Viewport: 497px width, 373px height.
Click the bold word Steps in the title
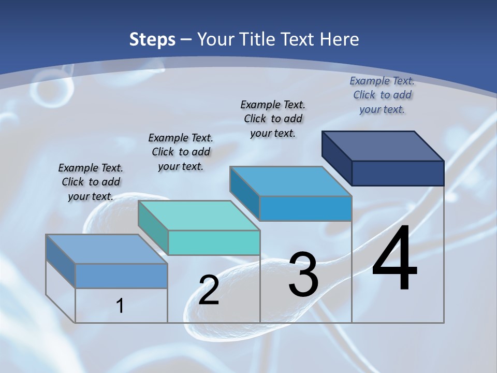click(152, 39)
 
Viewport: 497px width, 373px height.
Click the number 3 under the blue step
click(303, 275)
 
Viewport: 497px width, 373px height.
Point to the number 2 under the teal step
click(209, 290)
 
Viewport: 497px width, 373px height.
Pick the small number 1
click(120, 306)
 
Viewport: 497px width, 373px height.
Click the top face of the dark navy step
click(383, 146)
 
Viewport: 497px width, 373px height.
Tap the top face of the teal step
click(199, 216)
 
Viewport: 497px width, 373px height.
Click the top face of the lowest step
click(107, 249)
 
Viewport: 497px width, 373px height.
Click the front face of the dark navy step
click(398, 173)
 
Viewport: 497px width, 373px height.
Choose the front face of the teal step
click(214, 242)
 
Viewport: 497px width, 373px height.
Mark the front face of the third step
click(305, 208)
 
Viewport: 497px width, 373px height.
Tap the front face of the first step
click(121, 276)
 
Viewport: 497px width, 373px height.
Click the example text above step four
click(382, 95)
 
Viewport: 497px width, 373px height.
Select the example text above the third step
click(273, 119)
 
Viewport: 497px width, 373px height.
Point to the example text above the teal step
click(181, 152)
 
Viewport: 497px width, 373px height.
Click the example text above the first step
click(91, 182)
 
